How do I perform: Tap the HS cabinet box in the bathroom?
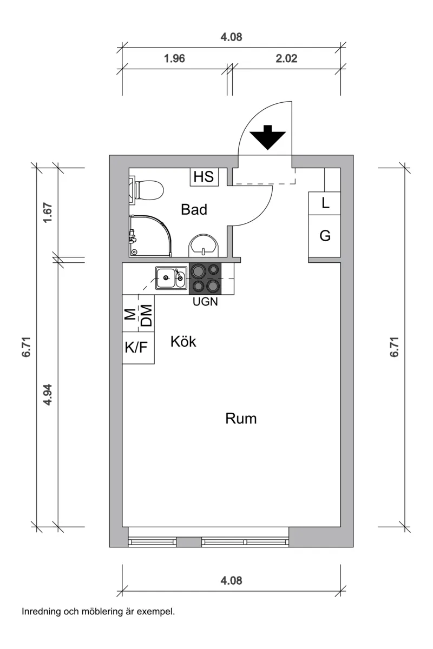[204, 177]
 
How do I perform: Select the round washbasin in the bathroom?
[204, 246]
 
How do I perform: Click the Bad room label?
[194, 209]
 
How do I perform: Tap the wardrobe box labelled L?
[325, 203]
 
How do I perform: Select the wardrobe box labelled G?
[325, 236]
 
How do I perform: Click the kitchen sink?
[172, 279]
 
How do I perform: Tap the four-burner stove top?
[205, 279]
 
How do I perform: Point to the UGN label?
[205, 302]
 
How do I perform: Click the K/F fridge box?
[136, 347]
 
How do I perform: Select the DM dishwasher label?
[146, 315]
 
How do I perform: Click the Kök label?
[183, 342]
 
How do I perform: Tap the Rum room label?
[241, 418]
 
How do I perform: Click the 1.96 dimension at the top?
[174, 59]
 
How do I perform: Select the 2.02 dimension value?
[287, 59]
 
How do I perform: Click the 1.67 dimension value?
[47, 214]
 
